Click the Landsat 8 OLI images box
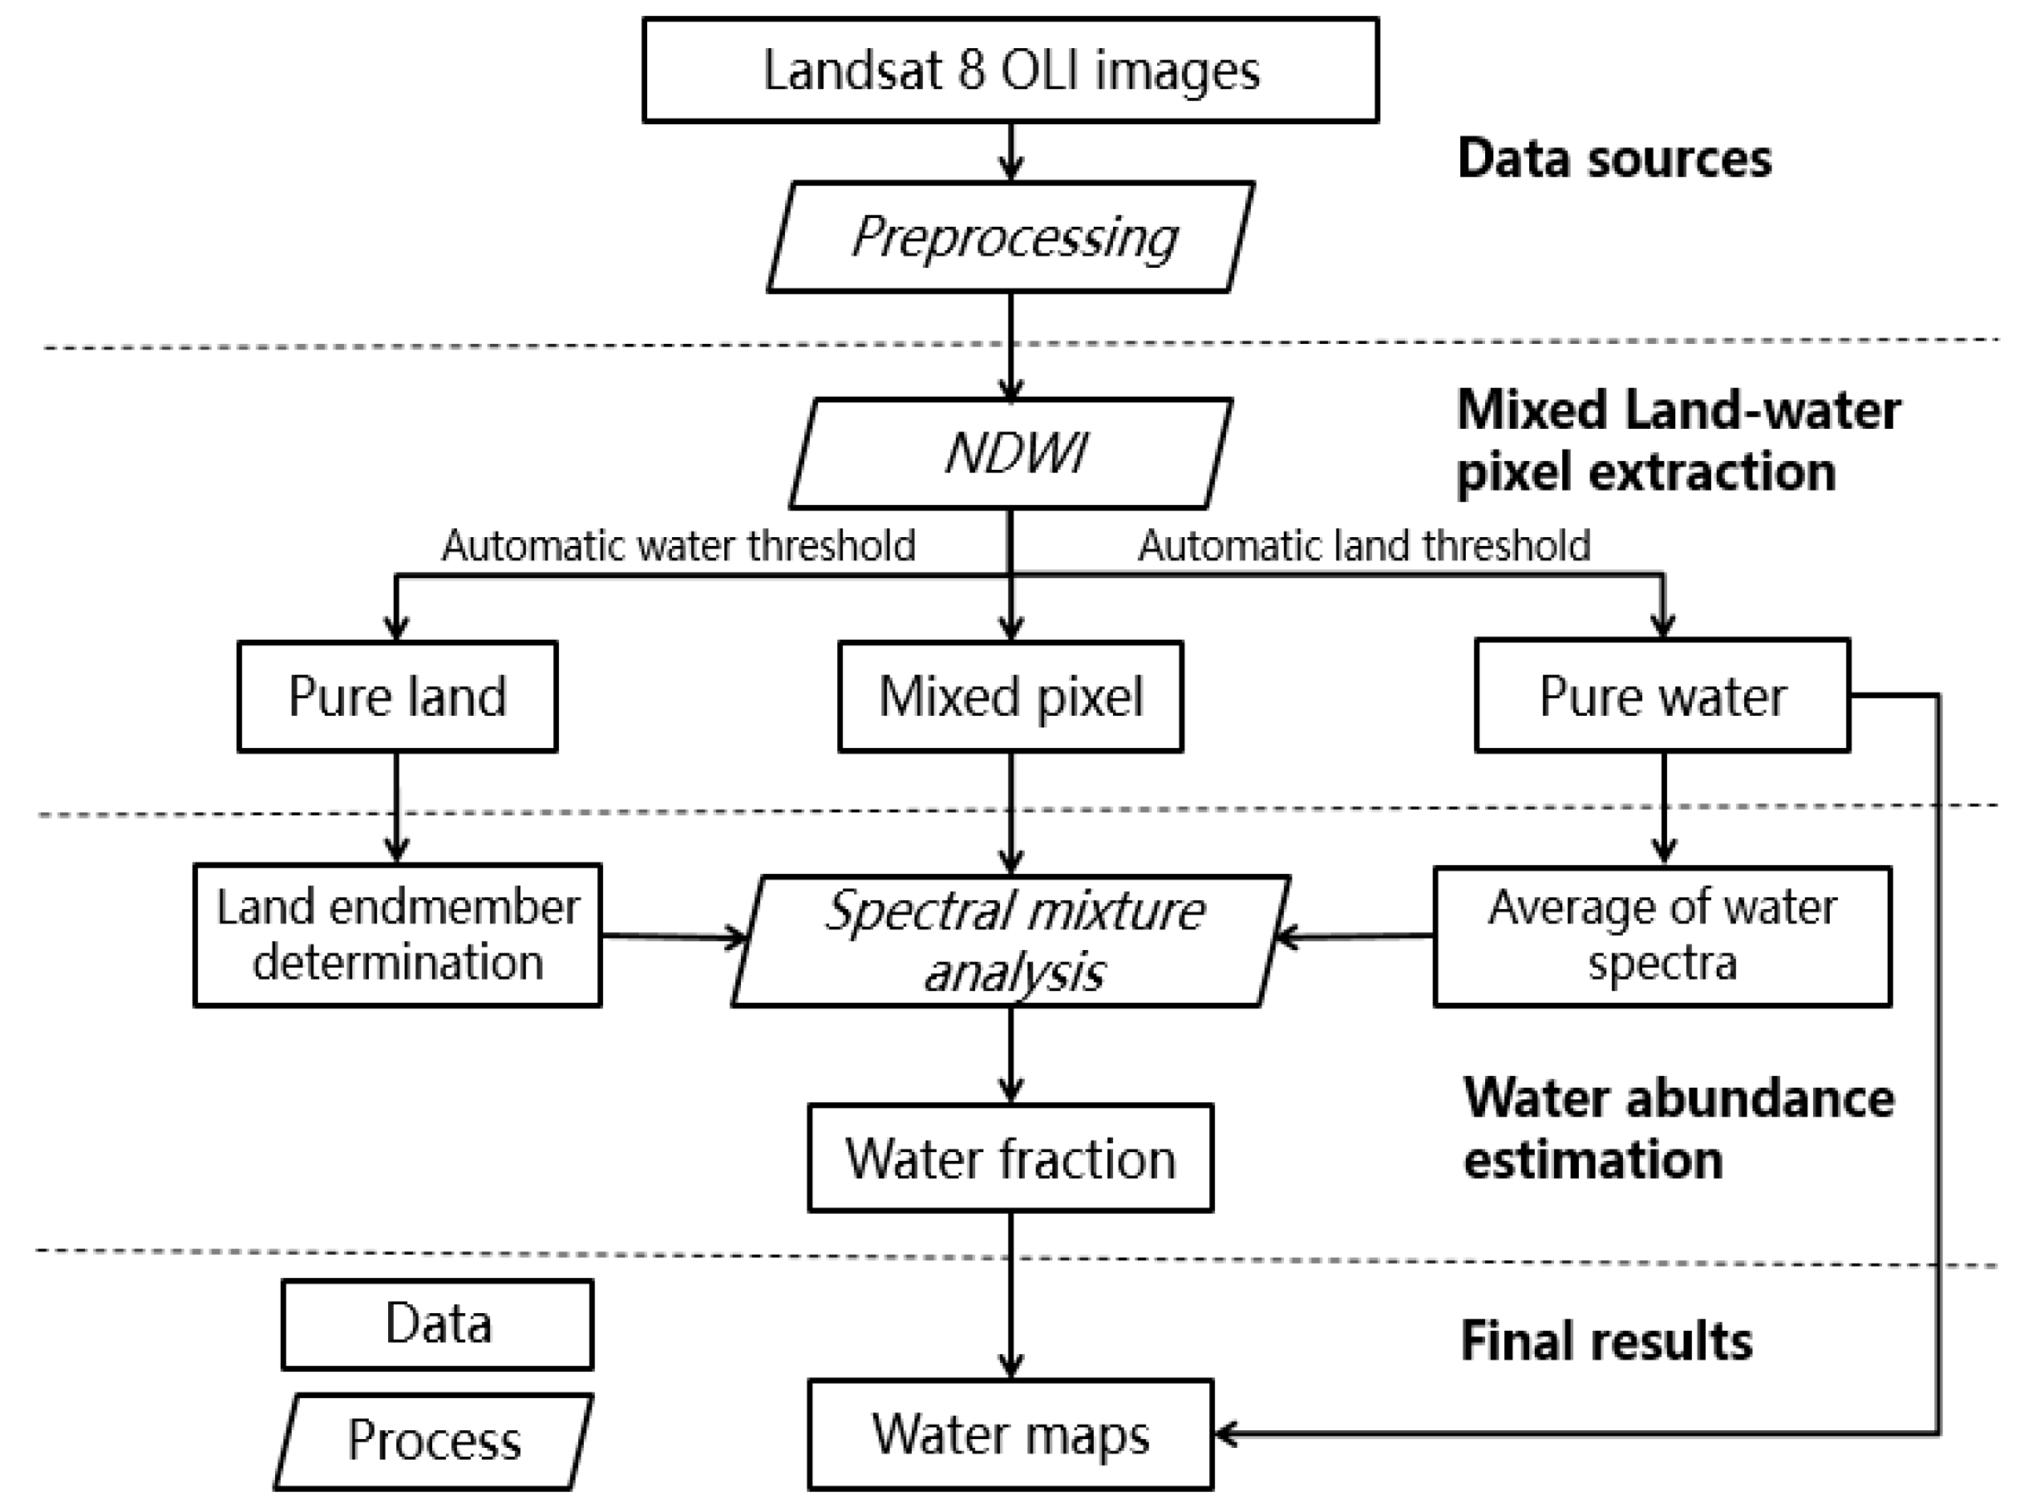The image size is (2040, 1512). pos(1010,70)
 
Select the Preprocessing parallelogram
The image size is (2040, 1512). pos(1010,237)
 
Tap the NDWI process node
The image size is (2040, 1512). pos(1010,453)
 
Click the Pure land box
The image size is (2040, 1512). pos(397,697)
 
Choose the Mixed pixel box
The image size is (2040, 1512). pos(1010,697)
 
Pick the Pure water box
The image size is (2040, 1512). pos(1662,696)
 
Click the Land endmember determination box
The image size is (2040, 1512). pos(397,936)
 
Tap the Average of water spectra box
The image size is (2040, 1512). pos(1662,936)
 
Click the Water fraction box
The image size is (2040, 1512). pos(1010,1158)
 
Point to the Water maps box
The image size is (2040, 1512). pos(1010,1434)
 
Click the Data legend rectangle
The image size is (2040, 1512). pos(438,1324)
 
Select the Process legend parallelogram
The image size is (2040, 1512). pos(434,1441)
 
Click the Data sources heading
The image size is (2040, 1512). pos(1613,159)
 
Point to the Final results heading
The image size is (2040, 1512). pos(1606,1342)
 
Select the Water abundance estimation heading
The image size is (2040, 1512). pos(1678,1129)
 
